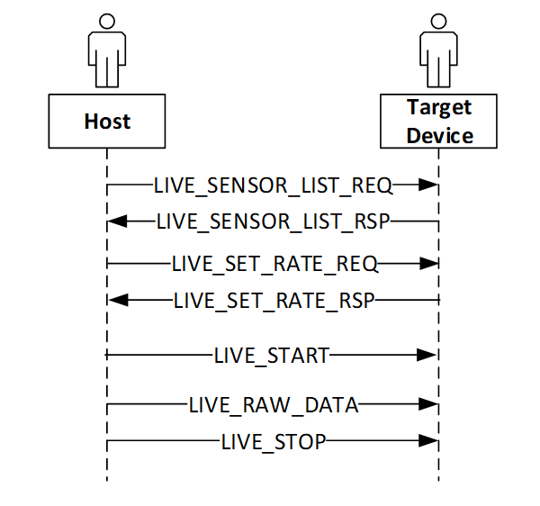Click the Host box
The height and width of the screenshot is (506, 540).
pos(107,122)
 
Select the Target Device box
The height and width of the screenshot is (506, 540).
pos(439,122)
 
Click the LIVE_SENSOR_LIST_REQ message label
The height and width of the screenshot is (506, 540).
pos(274,186)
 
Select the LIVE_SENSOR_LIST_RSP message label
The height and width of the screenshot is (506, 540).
pos(274,220)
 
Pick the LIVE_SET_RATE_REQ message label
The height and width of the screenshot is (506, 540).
pos(274,265)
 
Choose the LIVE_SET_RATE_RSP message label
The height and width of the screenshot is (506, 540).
pos(274,299)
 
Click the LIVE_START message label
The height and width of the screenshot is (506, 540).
pos(272,356)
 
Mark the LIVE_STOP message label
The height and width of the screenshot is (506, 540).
pos(273,441)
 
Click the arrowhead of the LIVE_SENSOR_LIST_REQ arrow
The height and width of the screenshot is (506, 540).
pos(427,186)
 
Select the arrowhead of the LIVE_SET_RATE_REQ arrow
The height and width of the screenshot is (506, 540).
pos(427,265)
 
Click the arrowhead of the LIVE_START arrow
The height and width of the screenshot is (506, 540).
pos(427,356)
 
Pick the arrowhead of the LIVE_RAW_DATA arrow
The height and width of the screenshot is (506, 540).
pos(427,406)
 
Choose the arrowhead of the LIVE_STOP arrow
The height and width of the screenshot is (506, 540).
pos(427,441)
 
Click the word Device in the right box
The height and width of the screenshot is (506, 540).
pos(439,136)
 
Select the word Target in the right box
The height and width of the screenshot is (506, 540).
pos(439,108)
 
